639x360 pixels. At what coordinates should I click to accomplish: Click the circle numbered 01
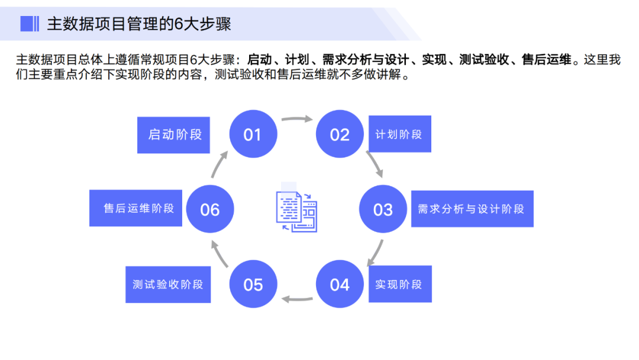click(x=253, y=134)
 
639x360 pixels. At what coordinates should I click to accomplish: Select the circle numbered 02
click(x=340, y=134)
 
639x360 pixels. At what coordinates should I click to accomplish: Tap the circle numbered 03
click(x=383, y=209)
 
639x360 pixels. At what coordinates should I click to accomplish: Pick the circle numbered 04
click(x=340, y=284)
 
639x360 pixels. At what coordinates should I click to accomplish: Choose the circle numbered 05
click(x=253, y=284)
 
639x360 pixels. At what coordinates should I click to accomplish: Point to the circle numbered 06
click(x=210, y=209)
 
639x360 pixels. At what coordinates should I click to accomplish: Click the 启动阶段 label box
click(x=175, y=134)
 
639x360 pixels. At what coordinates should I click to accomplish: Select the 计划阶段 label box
click(x=399, y=134)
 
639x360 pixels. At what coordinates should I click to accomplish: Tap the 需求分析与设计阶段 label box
click(x=472, y=209)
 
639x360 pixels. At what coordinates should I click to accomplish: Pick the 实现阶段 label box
click(x=399, y=284)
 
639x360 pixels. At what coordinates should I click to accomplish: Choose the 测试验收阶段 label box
click(x=168, y=284)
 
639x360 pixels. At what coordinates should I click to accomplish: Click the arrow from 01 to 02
click(x=296, y=118)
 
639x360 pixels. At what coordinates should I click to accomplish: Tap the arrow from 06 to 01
click(x=220, y=164)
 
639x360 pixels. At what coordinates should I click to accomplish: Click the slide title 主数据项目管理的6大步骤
click(x=139, y=24)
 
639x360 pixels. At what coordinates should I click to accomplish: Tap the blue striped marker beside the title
click(x=30, y=24)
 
